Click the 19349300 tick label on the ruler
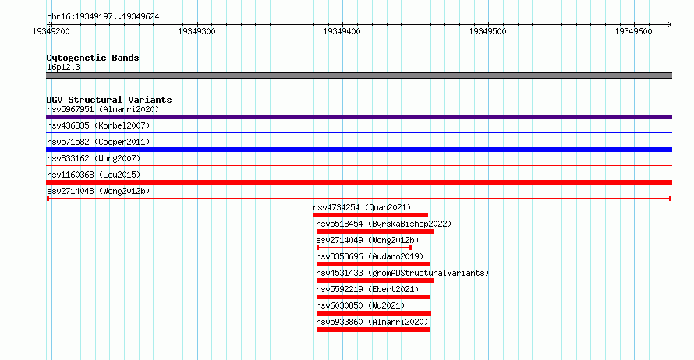tap(197, 31)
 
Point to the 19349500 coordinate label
tap(487, 31)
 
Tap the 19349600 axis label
tap(633, 31)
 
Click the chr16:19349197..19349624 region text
tap(103, 17)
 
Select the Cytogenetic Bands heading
tap(93, 58)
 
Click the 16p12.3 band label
tap(63, 67)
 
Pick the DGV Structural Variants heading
tap(109, 100)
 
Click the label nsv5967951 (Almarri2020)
tap(103, 109)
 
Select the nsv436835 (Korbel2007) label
tap(98, 125)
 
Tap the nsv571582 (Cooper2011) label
tap(98, 142)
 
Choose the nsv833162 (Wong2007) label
tap(94, 158)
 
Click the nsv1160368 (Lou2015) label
tap(94, 175)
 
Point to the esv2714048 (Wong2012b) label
tap(98, 191)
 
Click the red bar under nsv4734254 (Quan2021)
tap(370, 215)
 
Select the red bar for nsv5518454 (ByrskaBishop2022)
tap(375, 231)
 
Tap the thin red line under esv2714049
tap(364, 248)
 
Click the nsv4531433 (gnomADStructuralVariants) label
tap(402, 273)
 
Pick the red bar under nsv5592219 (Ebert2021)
tap(373, 297)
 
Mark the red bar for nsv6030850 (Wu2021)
tap(374, 313)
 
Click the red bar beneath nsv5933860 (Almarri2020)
tap(373, 330)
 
